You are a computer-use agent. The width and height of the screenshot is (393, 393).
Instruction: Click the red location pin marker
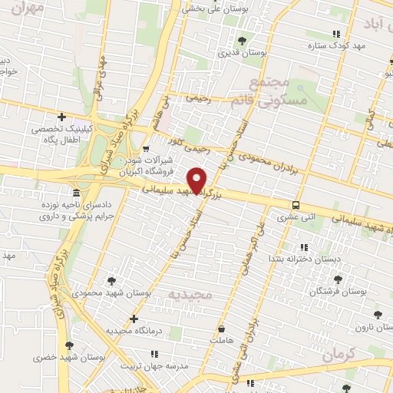pyautogui.click(x=197, y=180)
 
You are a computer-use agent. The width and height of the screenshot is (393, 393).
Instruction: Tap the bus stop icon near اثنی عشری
pyautogui.click(x=296, y=205)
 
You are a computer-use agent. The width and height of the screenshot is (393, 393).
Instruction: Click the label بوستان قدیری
pyautogui.click(x=241, y=54)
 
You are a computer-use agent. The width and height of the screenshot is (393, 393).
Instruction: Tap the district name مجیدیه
pyautogui.click(x=188, y=295)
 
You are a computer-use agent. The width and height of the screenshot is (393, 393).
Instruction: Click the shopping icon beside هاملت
pyautogui.click(x=222, y=328)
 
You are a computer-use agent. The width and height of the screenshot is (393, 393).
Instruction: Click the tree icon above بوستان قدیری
pyautogui.click(x=242, y=40)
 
